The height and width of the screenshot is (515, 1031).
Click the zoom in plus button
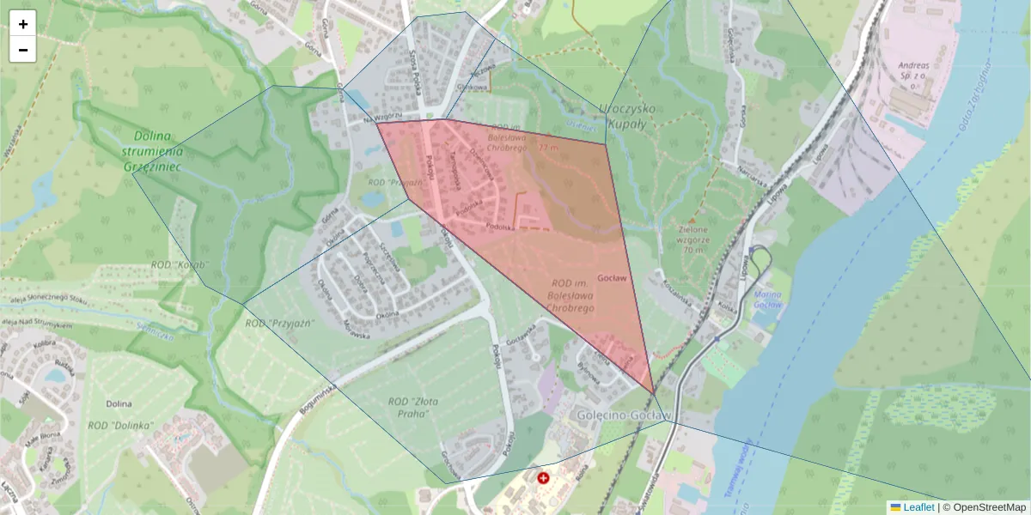[x=23, y=24]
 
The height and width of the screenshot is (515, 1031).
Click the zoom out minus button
[x=23, y=50]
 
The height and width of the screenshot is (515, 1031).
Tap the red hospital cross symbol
[x=543, y=477]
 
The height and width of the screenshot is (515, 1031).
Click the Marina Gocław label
[x=767, y=300]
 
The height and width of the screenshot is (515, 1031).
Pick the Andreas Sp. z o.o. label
[x=913, y=70]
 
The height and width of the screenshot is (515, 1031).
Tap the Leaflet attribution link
[x=918, y=507]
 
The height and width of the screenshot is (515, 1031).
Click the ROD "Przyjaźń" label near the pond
[x=391, y=182]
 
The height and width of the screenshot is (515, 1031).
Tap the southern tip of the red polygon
[x=654, y=394]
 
